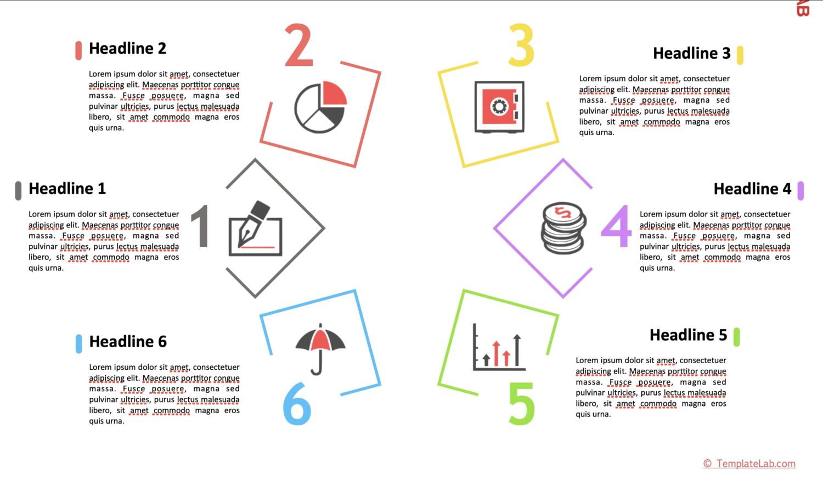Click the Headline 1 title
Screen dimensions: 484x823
coord(67,189)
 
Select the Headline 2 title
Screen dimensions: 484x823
coord(127,49)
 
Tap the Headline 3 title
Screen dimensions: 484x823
coord(691,53)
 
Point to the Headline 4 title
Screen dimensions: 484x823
coord(752,189)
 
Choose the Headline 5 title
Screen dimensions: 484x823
coord(688,335)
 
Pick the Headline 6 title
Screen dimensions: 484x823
coord(128,342)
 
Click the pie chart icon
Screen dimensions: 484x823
coord(320,108)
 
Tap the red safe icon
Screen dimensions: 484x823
coord(499,107)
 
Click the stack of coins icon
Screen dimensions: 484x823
coord(563,227)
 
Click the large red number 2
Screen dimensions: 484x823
coord(299,46)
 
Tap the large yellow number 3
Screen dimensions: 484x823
coord(521,46)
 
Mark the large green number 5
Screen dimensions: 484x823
coord(521,404)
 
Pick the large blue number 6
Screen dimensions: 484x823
coord(297,404)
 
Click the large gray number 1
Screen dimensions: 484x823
coord(201,226)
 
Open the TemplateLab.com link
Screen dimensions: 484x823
coord(749,464)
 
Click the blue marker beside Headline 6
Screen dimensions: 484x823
coord(79,343)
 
